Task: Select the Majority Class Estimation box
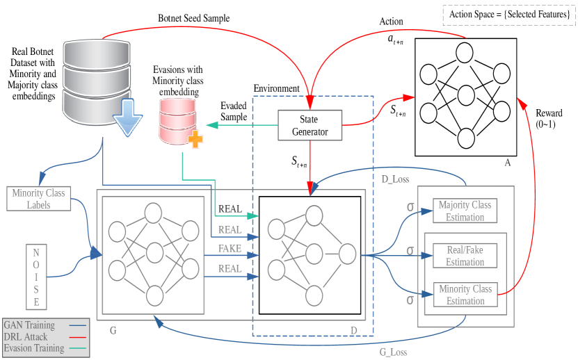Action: click(465, 211)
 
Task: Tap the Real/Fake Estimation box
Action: click(465, 256)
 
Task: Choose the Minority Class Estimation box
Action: click(465, 295)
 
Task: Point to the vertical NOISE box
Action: click(35, 276)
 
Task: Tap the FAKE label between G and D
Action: click(230, 249)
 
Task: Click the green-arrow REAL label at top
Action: click(230, 208)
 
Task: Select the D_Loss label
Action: click(395, 179)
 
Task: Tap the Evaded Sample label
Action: click(234, 111)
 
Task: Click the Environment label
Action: click(277, 89)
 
